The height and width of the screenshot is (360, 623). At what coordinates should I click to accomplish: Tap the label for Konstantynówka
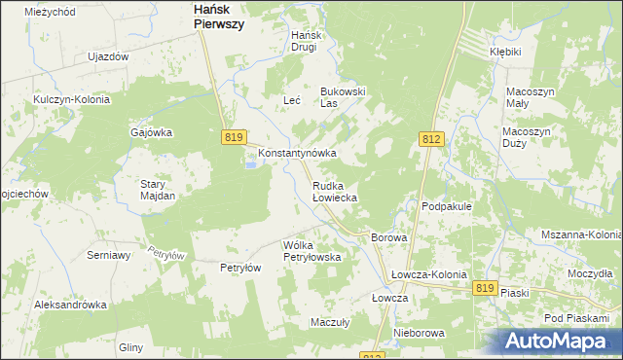pos(297,154)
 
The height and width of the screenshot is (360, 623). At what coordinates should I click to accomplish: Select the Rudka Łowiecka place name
pos(335,191)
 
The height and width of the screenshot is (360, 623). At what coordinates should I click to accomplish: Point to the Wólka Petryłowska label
pos(311,251)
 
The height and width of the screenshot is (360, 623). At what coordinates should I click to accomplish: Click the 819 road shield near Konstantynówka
pos(233,138)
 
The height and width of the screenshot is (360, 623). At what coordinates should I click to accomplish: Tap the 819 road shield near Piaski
pos(486,288)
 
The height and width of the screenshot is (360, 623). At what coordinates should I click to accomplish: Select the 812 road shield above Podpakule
pos(432,140)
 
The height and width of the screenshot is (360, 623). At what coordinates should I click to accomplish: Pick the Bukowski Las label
pos(343,97)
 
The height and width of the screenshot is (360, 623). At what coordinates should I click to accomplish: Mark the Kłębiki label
pos(506,51)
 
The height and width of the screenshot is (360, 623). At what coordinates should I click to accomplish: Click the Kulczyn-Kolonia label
pos(72,99)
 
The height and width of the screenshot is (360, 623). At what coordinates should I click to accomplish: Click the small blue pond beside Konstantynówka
pos(250,164)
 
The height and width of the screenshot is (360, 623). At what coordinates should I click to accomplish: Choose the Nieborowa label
pos(419,333)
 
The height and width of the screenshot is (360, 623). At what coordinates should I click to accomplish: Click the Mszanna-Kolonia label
pos(581,235)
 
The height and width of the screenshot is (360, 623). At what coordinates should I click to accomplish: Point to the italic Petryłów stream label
pos(165,252)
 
